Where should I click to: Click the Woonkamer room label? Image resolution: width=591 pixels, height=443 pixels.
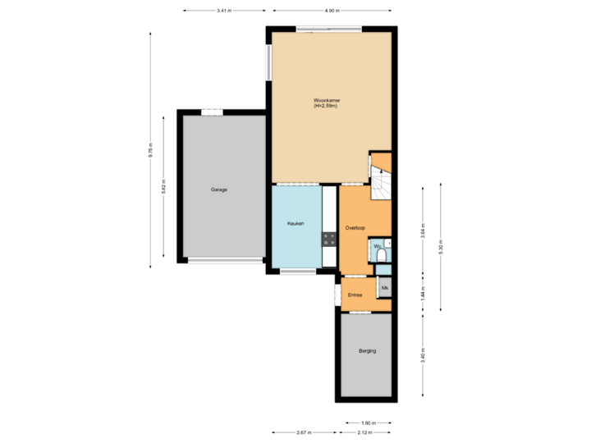327,103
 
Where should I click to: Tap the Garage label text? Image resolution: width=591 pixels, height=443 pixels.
219,190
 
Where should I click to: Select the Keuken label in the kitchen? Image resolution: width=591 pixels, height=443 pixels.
295,223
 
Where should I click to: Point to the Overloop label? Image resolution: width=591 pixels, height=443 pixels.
355,227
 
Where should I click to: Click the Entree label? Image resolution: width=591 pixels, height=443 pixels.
355,295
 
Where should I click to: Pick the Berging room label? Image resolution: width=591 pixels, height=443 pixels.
367,351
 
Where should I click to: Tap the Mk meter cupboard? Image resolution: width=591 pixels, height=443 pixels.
384,288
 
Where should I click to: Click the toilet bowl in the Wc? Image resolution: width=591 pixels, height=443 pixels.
383,256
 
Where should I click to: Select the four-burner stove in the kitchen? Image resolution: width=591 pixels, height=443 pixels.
328,239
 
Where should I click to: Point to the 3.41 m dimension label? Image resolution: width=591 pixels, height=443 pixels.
222,11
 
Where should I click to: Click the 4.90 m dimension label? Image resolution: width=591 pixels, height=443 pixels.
331,11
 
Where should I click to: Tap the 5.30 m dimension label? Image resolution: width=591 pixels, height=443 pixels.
441,247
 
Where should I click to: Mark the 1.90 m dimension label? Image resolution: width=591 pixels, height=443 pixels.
367,423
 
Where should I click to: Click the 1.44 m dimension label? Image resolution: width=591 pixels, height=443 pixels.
423,294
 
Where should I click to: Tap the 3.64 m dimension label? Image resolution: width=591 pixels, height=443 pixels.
423,231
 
